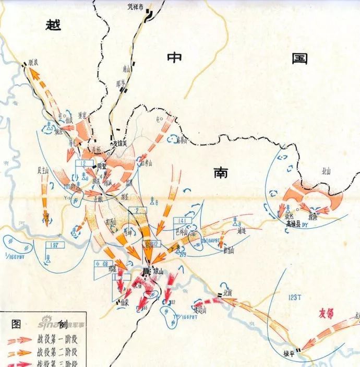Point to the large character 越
point(54,25)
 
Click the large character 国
point(299,60)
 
